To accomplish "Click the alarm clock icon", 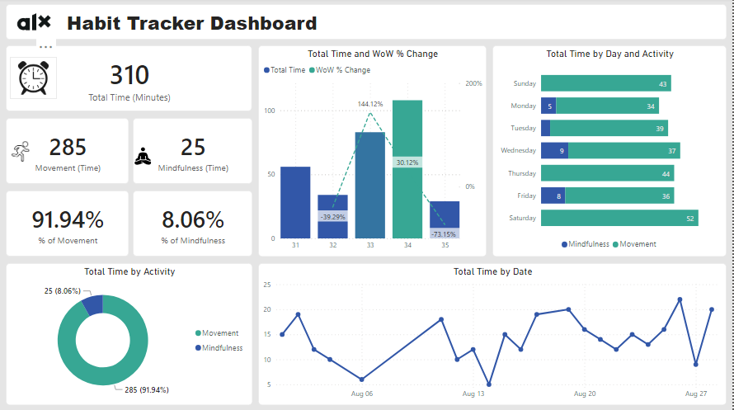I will (33, 78).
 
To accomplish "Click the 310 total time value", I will (129, 76).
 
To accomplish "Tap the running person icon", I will (21, 151).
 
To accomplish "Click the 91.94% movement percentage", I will (68, 220).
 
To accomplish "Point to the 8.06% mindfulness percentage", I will (193, 220).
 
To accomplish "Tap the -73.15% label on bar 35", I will (445, 234).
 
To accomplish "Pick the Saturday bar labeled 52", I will (619, 218).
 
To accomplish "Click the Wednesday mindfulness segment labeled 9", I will (554, 151).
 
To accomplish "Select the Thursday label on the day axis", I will (522, 173).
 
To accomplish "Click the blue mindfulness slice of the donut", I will (93, 304).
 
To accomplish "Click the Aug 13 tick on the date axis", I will (473, 394).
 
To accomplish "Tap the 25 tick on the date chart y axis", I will (267, 285).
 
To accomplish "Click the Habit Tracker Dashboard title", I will (191, 23).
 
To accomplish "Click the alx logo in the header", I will (34, 22).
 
